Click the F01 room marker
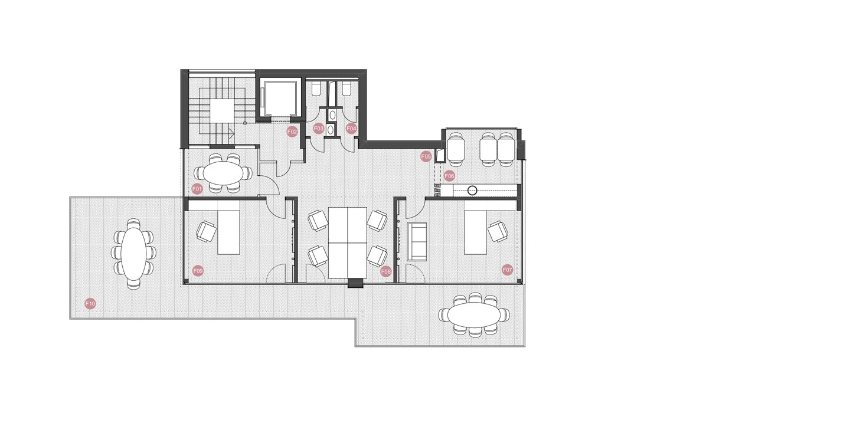point(197,189)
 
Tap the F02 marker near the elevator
point(292,132)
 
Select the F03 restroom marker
point(319,129)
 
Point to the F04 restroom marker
point(351,129)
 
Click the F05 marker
point(426,156)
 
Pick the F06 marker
point(449,176)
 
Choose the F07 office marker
point(508,270)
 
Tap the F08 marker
point(386,271)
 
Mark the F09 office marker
point(198,271)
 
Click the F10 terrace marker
point(90,303)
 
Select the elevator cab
point(279,98)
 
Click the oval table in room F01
point(224,173)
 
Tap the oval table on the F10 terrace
point(133,253)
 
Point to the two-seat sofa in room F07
point(417,242)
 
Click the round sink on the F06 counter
point(472,191)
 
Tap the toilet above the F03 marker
point(316,90)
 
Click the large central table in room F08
point(348,242)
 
